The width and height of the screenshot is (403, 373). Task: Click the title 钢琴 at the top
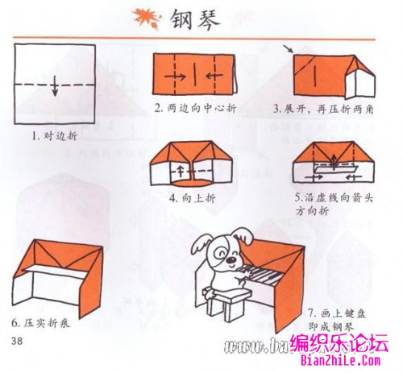(x=197, y=17)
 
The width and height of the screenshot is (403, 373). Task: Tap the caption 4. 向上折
(x=191, y=197)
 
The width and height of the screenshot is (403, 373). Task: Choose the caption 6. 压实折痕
(x=44, y=323)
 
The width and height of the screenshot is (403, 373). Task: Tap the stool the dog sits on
(x=225, y=301)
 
